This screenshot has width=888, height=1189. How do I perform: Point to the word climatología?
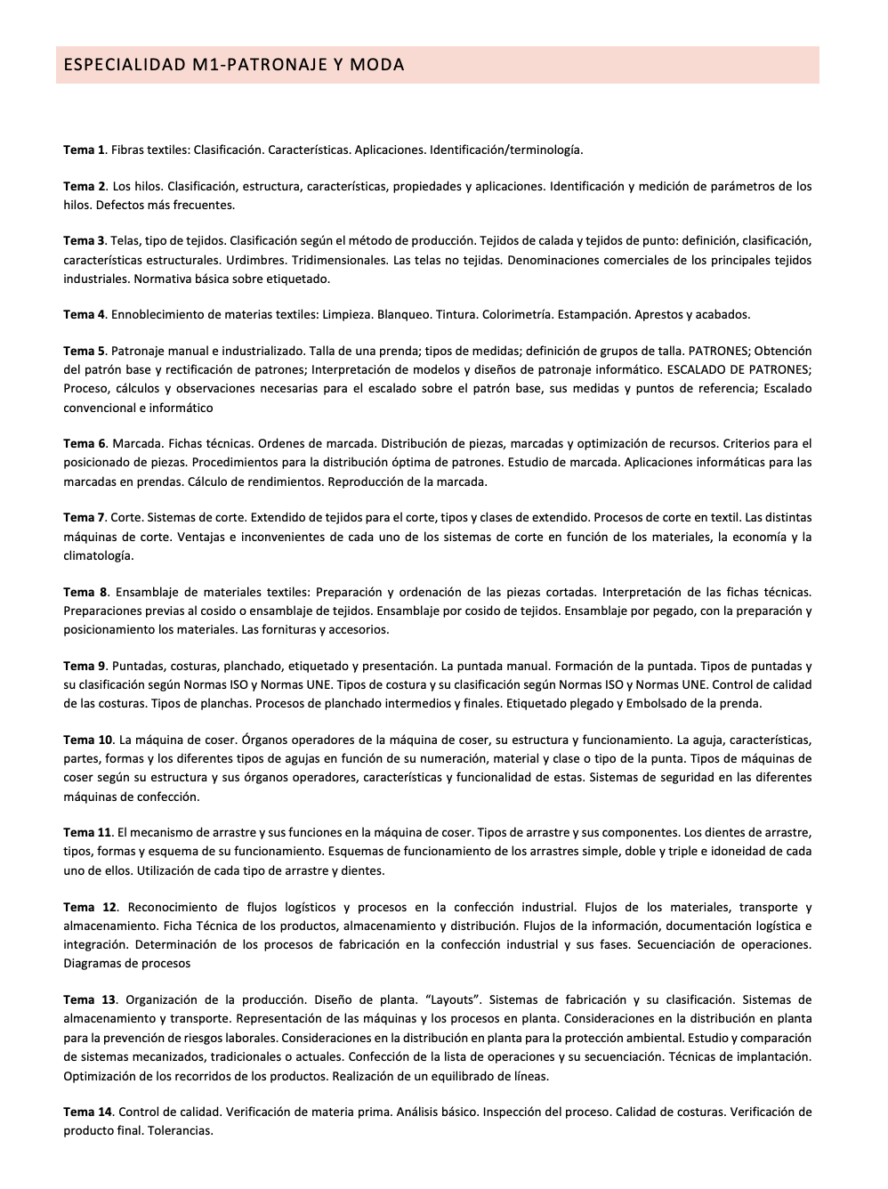click(x=97, y=555)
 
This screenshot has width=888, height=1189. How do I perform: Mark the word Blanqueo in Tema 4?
click(x=402, y=314)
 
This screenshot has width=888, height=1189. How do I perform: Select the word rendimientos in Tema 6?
click(x=278, y=481)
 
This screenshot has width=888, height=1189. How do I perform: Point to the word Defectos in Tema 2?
click(x=120, y=205)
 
